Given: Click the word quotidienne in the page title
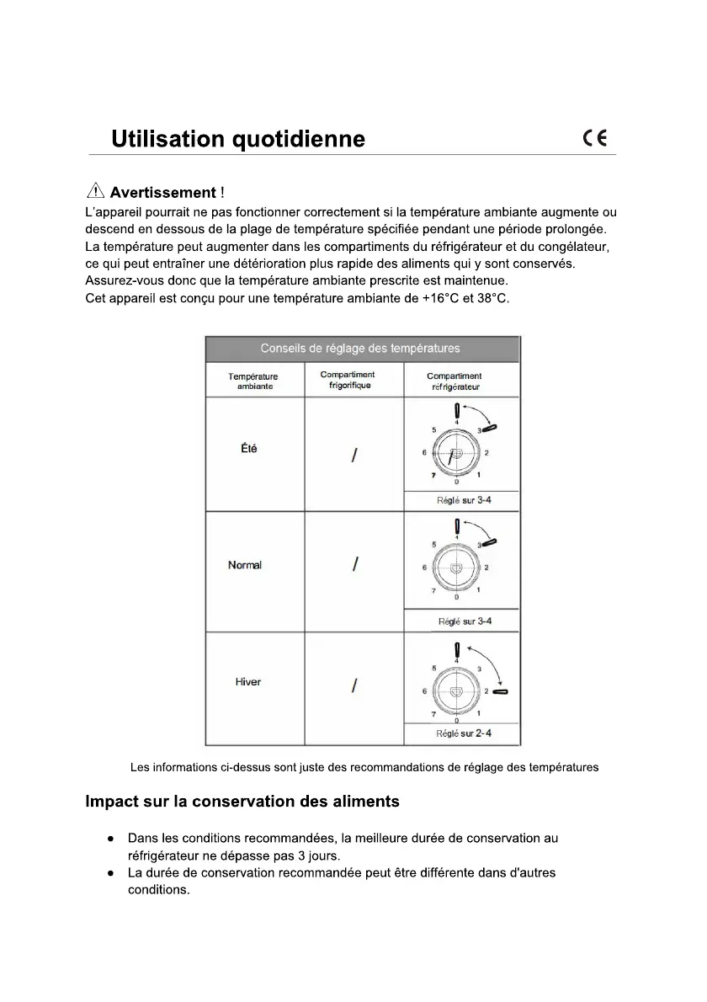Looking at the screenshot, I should click(298, 139).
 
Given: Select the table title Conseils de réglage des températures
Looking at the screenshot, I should click(360, 349).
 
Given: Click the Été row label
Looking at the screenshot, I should click(248, 449).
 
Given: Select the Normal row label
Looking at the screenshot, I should click(245, 565).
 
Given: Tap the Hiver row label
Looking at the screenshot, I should click(248, 682).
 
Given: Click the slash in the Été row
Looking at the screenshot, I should click(354, 456).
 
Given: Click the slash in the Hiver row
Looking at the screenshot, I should click(354, 687).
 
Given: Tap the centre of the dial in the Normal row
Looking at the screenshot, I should click(456, 570).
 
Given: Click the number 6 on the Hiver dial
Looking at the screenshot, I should click(425, 691).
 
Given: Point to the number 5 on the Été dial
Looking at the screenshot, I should click(434, 431).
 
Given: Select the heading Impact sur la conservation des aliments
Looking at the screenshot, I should click(242, 802).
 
